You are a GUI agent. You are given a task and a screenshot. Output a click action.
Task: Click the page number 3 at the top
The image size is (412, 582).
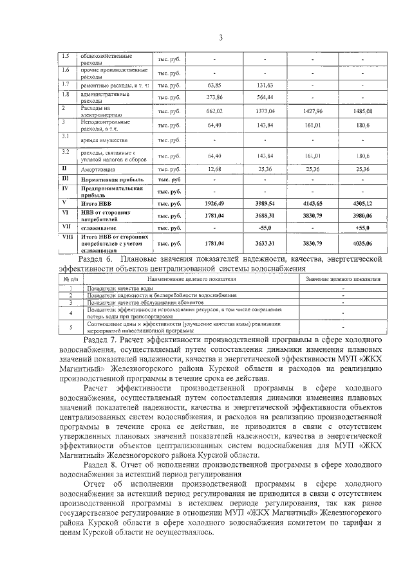pyautogui.click(x=220, y=37)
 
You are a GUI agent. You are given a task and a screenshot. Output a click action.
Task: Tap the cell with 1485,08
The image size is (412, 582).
pyautogui.click(x=362, y=111)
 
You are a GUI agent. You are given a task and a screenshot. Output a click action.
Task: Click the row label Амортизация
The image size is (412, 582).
pyautogui.click(x=98, y=169)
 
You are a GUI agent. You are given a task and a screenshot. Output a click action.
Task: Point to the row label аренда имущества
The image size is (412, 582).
pyautogui.click(x=100, y=140)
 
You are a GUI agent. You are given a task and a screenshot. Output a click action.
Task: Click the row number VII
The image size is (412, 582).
pyautogui.click(x=65, y=226)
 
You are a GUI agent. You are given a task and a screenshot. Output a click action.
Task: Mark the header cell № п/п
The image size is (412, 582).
pyautogui.click(x=70, y=280)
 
